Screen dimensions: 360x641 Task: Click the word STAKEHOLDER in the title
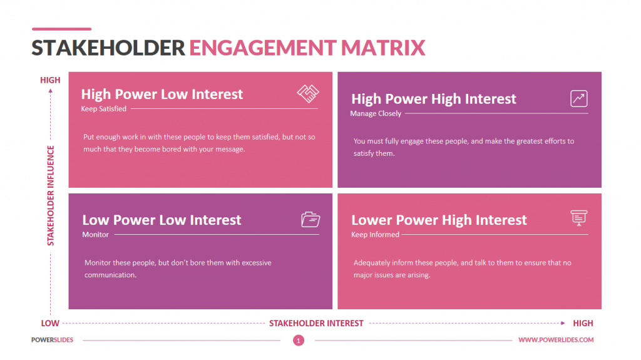coord(108,48)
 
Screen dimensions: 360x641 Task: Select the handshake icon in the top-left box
coord(307,94)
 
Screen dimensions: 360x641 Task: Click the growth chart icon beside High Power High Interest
coord(578,98)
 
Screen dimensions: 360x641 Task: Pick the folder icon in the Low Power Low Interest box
coord(310,219)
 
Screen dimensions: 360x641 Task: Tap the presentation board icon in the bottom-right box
coord(578,218)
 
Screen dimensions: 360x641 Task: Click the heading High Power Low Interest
coord(162,95)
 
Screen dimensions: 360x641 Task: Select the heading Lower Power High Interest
coord(439,220)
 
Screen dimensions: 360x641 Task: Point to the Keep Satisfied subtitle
coord(103,109)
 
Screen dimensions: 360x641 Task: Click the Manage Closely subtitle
coord(376,113)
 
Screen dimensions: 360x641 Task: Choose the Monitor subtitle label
coord(95,235)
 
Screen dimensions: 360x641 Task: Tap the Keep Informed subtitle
coord(375,235)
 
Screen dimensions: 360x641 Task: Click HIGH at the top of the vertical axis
coord(50,80)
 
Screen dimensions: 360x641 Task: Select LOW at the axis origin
coord(50,324)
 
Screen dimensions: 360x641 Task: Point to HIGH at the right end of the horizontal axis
coord(583,324)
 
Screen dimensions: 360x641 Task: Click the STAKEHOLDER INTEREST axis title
coord(316,324)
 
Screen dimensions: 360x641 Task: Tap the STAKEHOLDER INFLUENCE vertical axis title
coord(51,195)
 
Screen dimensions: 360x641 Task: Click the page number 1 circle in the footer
coord(299,341)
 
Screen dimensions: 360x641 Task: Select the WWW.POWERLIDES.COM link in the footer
coord(556,340)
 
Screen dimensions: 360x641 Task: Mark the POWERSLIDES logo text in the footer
coord(53,340)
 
